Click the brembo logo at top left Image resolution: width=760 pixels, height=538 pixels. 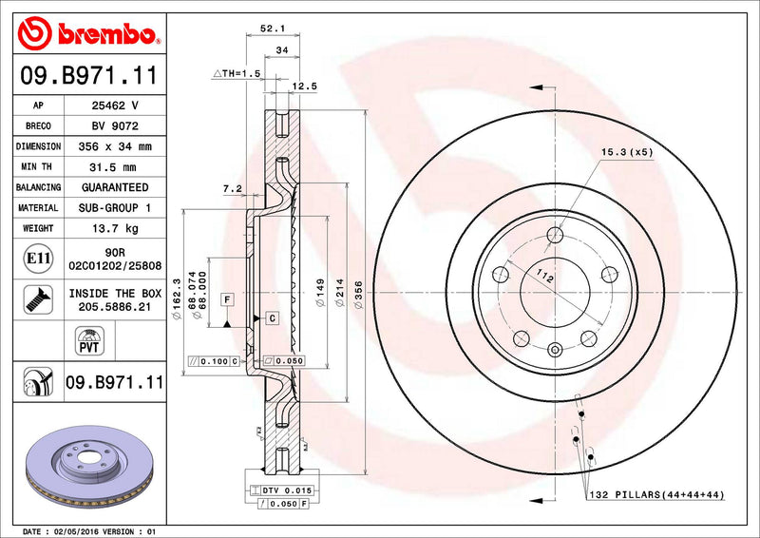(87, 34)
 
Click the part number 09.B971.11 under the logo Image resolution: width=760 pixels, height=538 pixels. (88, 74)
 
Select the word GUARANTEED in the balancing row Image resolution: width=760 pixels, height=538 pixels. (114, 187)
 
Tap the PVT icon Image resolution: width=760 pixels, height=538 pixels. (86, 340)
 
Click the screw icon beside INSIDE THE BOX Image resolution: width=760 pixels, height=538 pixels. (34, 299)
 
